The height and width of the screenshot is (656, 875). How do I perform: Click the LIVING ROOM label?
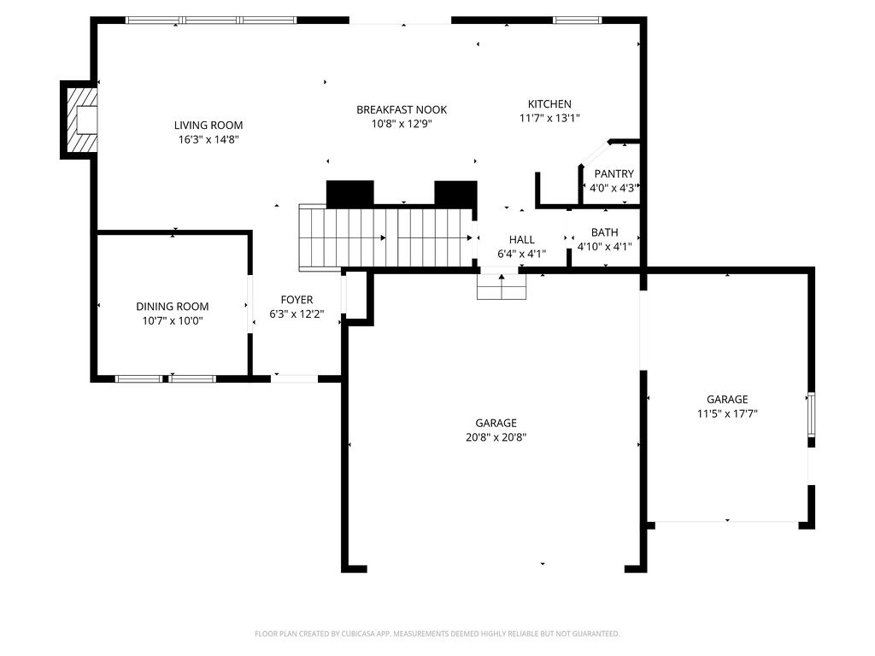209,125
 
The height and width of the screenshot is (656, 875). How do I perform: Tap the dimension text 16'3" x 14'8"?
209,139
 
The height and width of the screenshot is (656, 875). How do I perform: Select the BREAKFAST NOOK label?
402,109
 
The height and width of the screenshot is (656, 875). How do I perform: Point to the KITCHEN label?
549,104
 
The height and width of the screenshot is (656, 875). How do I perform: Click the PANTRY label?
614,173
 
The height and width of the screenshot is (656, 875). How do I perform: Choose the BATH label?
604,232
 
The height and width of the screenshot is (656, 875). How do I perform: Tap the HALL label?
521,240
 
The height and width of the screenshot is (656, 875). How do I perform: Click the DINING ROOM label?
173,307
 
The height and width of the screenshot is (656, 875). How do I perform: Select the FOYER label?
297,300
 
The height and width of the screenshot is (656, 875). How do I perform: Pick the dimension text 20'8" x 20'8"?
496,437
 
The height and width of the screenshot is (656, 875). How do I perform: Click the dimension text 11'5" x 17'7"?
727,413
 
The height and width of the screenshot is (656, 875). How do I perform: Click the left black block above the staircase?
350,193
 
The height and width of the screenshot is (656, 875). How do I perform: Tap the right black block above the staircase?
455,193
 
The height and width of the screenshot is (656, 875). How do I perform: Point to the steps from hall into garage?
502,288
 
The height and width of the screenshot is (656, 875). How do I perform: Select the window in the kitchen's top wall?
578,20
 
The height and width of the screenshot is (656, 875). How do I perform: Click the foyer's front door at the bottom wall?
295,378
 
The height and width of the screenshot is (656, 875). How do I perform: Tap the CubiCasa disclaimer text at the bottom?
437,634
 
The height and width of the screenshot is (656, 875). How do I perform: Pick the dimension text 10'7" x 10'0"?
173,321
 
